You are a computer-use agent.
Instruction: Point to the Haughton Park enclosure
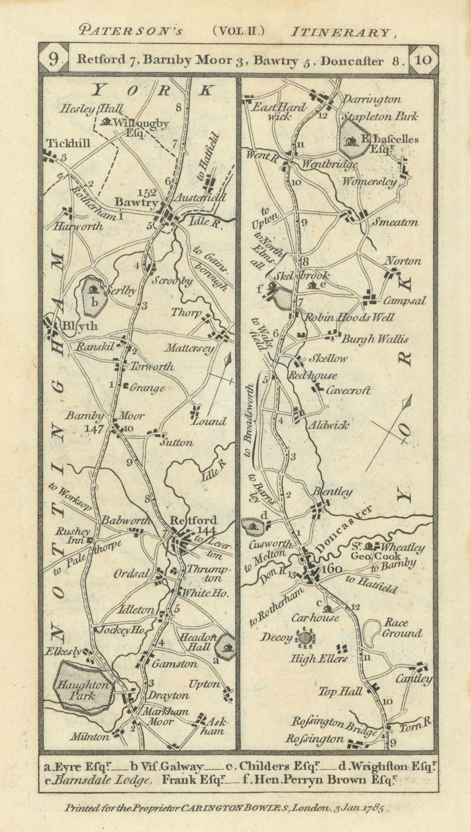coord(85,685)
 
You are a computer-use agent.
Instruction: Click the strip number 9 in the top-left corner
coord(54,60)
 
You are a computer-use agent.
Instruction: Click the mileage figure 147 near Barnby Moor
coord(97,429)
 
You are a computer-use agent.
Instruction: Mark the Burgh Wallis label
coord(374,339)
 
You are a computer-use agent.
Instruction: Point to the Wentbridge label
coord(329,165)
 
